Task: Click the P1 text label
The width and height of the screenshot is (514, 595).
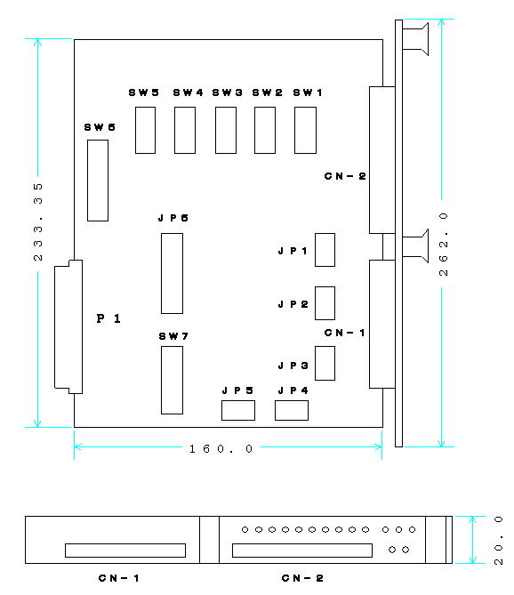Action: [x=108, y=318]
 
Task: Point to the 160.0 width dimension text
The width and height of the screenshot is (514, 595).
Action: [x=221, y=449]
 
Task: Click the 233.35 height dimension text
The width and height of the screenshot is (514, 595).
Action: [x=38, y=222]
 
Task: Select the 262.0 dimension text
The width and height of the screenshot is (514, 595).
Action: [x=443, y=244]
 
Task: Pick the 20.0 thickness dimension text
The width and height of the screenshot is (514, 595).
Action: [x=499, y=541]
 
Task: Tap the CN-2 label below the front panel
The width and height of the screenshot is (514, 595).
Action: [x=302, y=578]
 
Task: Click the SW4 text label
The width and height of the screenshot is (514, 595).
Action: [x=188, y=92]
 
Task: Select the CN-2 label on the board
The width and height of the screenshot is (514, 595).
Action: [x=345, y=176]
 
